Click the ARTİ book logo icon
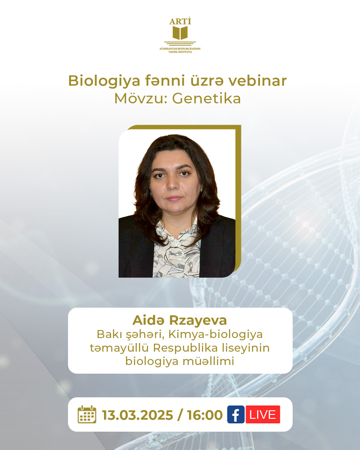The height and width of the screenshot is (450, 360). pos(180,33)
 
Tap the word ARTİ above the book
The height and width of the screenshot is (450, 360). pos(180,21)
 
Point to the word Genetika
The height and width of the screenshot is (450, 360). pos(206,98)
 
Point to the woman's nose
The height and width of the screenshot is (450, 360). pos(173,185)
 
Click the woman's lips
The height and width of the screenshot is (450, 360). pos(174,198)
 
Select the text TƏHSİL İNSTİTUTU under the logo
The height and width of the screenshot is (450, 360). pos(180,52)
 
